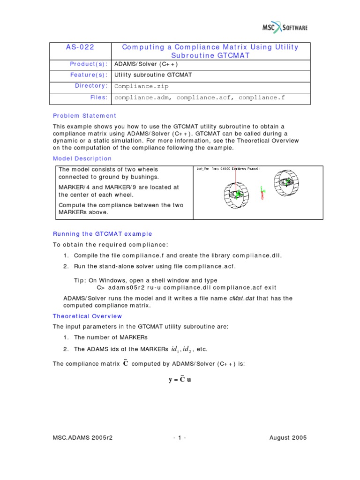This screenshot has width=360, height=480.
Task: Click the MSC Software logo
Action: (284, 28)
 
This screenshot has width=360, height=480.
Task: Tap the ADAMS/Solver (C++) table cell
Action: (146, 64)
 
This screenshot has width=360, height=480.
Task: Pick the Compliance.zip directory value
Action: (141, 86)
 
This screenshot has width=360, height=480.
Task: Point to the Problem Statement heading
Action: (84, 116)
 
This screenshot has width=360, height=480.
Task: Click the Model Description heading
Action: (82, 158)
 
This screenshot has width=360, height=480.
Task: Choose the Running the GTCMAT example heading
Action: (102, 234)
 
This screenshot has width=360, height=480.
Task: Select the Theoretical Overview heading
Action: (87, 316)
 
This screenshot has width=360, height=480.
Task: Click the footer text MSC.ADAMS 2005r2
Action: (83, 438)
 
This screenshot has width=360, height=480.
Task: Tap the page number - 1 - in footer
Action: (180, 438)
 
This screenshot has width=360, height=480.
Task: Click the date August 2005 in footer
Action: (288, 438)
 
